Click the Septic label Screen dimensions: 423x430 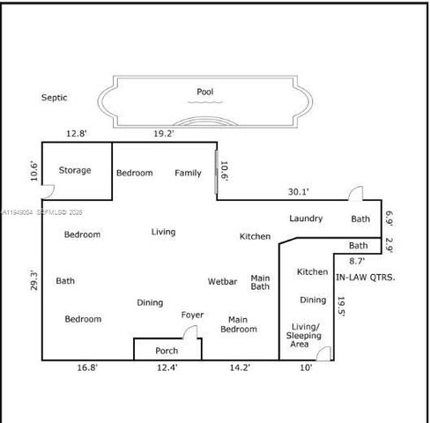coord(54,99)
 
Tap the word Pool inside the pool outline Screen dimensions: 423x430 coord(204,92)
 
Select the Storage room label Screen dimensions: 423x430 coord(75,170)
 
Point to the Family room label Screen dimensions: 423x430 coord(188,173)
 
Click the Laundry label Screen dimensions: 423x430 coord(306,219)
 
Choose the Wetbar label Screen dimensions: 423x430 coord(222,282)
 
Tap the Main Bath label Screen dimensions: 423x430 coord(260,282)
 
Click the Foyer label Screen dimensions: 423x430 coord(192,315)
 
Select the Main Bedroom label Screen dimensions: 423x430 coord(242,324)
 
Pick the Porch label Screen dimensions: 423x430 coord(167,351)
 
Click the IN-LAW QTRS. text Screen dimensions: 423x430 coord(366,277)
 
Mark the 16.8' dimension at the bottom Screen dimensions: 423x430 coord(85,368)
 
